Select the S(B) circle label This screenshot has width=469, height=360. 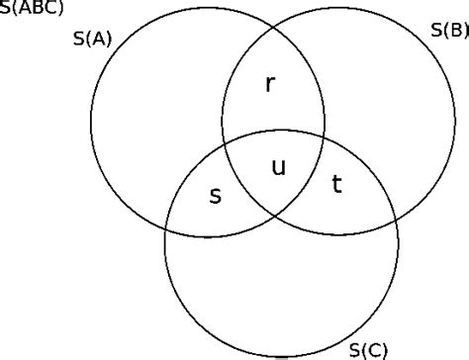[x=449, y=31]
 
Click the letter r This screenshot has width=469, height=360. [x=272, y=84]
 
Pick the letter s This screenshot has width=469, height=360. [x=215, y=195]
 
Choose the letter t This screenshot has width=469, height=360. [x=336, y=183]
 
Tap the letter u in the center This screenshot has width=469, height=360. [x=278, y=168]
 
